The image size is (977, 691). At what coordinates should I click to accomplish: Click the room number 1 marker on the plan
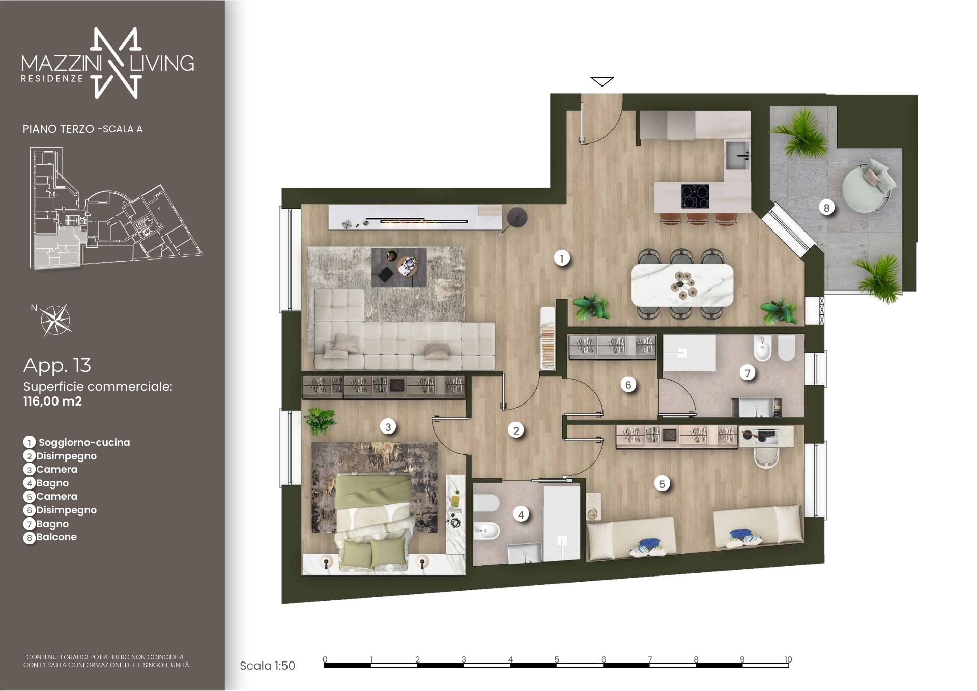pyautogui.click(x=562, y=258)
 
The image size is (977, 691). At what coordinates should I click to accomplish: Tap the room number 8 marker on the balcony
pyautogui.click(x=826, y=208)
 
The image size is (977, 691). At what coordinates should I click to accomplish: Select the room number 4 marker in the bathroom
pyautogui.click(x=521, y=514)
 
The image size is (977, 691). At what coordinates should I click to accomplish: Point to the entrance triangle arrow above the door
pyautogui.click(x=602, y=81)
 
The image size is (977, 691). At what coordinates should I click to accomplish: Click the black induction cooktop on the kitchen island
pyautogui.click(x=695, y=196)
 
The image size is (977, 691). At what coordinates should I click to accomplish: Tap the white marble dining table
pyautogui.click(x=682, y=285)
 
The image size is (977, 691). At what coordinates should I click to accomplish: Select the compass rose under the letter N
pyautogui.click(x=55, y=320)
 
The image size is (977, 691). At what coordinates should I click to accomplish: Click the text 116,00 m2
pyautogui.click(x=52, y=401)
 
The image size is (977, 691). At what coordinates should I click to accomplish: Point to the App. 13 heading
pyautogui.click(x=57, y=365)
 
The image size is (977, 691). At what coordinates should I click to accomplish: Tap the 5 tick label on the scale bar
pyautogui.click(x=557, y=659)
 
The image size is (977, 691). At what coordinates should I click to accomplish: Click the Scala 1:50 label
pyautogui.click(x=267, y=666)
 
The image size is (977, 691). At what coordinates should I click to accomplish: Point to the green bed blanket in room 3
pyautogui.click(x=373, y=491)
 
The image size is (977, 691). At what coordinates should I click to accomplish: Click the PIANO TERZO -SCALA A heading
pyautogui.click(x=82, y=129)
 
